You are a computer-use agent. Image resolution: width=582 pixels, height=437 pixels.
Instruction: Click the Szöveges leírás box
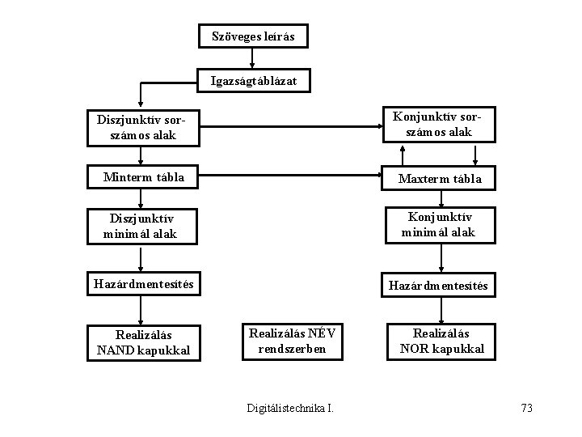coord(253,36)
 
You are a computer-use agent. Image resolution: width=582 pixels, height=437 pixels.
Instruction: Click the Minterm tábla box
coord(142,177)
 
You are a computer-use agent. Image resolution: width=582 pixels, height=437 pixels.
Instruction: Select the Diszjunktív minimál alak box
coord(142,227)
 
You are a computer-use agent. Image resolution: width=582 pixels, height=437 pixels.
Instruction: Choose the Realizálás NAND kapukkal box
coord(143,342)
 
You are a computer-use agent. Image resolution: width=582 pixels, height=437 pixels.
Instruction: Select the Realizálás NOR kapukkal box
coord(441,341)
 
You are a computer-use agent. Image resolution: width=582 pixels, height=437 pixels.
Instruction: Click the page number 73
coord(526,408)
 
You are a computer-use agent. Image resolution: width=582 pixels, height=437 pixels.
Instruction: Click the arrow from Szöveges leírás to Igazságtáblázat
coord(253,58)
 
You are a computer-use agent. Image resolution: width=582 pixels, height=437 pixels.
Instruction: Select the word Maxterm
coord(423,178)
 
